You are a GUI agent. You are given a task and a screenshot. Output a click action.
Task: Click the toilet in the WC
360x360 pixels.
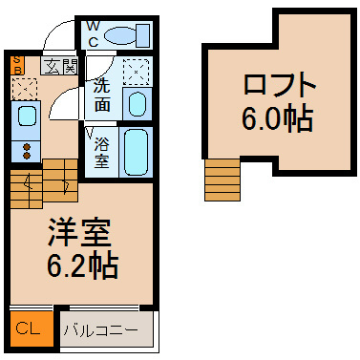coord(127,35)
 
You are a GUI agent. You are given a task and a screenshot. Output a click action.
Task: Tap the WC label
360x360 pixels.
coord(93,33)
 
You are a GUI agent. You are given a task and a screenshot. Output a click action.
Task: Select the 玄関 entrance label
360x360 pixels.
coord(59,67)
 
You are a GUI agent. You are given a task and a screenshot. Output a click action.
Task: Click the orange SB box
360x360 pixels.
coord(17,65)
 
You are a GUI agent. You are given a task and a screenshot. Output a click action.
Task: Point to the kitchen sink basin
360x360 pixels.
coord(26,116)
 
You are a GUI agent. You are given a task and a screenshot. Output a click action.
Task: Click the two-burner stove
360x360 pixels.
coord(26,151)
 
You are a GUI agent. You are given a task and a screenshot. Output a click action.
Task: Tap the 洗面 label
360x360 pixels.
coord(102,95)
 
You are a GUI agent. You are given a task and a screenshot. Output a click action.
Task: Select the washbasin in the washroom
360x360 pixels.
coord(137,103)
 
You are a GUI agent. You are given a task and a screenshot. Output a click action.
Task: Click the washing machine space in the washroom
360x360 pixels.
coord(136,72)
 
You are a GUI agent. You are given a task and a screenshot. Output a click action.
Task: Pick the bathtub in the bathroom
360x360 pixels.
coord(136,152)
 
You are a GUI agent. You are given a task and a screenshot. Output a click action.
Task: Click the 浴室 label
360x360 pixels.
coord(102,153)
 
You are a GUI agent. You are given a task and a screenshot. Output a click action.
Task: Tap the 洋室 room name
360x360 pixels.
coord(79,232)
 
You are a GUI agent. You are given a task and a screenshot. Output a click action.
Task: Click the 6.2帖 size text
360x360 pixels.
coord(82,265)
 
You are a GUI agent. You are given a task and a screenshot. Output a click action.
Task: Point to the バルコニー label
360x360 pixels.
coord(101,330)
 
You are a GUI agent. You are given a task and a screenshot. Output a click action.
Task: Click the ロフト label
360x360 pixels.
coord(280,84)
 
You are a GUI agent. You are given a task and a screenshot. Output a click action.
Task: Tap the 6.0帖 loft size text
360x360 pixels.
coord(277,118)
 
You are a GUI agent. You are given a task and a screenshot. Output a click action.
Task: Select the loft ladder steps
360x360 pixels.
coord(222,180)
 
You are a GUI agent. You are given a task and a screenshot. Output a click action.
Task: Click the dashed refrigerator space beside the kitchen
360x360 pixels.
coord(25,88)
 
